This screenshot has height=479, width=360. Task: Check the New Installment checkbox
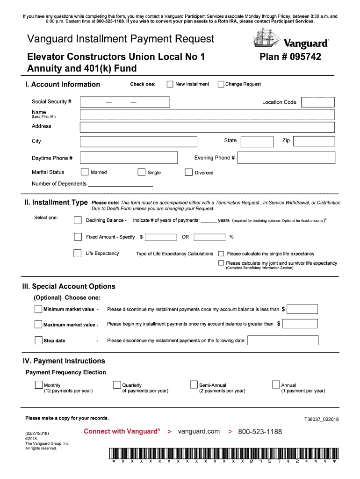170,84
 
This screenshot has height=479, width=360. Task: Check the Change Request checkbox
221,84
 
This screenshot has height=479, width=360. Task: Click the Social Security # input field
125,102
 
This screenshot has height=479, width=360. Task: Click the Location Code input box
318,102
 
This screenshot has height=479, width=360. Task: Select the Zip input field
314,141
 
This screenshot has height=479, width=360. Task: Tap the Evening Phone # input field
286,158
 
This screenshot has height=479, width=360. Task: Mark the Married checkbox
85,172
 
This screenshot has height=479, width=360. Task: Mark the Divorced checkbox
188,172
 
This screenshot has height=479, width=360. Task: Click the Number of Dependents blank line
120,184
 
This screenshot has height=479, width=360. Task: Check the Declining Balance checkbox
78,220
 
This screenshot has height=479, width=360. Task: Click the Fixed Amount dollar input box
161,237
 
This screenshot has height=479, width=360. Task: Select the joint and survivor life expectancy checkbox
222,263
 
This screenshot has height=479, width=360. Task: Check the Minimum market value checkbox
38,309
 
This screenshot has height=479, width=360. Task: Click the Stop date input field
282,341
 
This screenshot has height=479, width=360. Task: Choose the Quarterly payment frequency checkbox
117,385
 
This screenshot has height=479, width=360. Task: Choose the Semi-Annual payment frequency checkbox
194,385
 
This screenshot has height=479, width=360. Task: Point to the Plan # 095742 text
290,57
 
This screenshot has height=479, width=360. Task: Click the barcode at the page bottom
223,455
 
